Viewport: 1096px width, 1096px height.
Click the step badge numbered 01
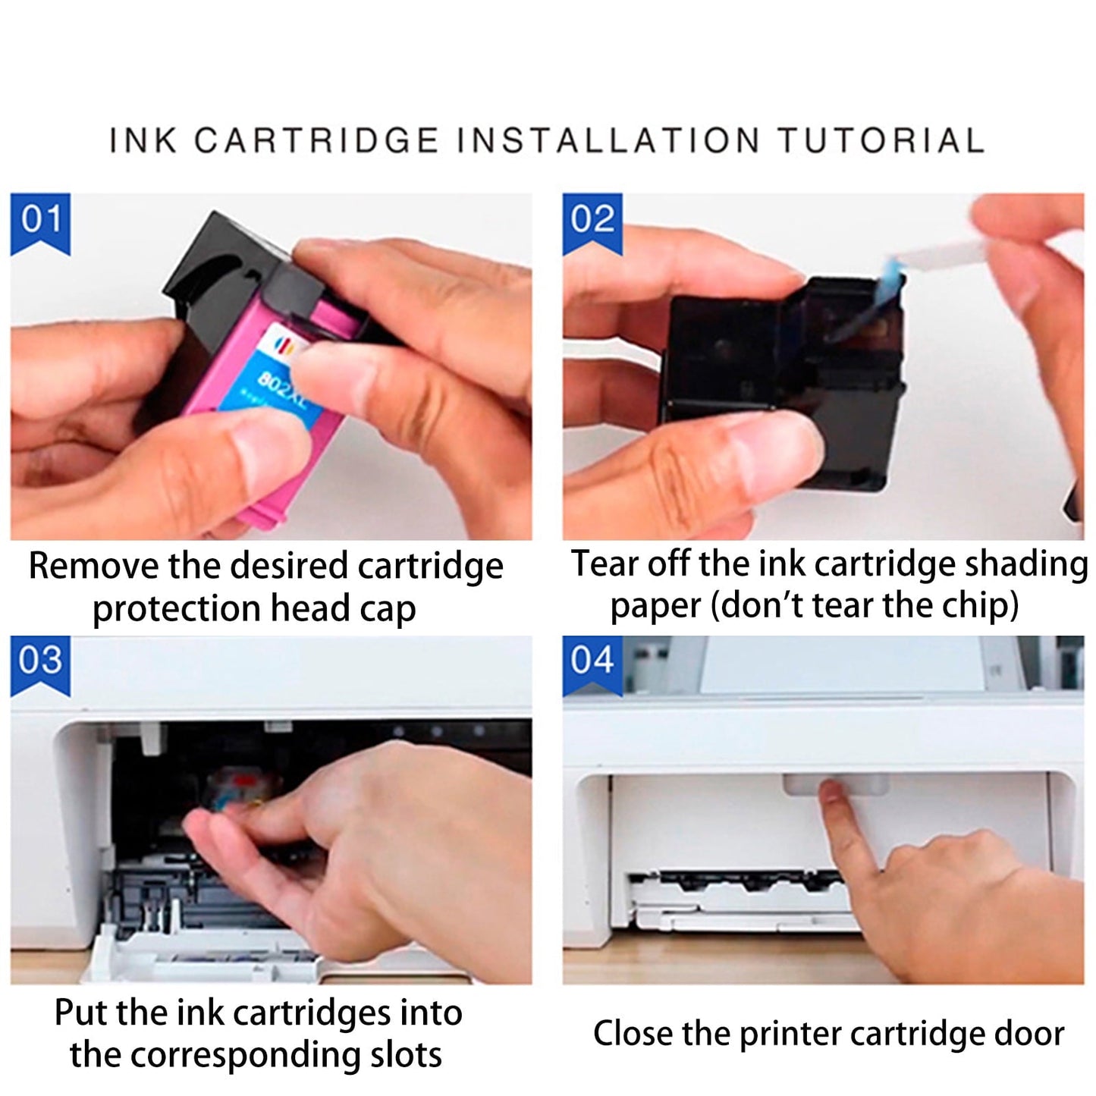coord(40,221)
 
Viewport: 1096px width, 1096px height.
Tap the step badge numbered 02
coord(592,221)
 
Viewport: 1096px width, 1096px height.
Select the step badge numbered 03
coord(40,662)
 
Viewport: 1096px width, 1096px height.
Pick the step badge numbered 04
coord(592,662)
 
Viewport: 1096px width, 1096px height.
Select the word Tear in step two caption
coord(604,564)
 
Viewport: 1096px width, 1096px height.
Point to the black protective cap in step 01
coord(220,265)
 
